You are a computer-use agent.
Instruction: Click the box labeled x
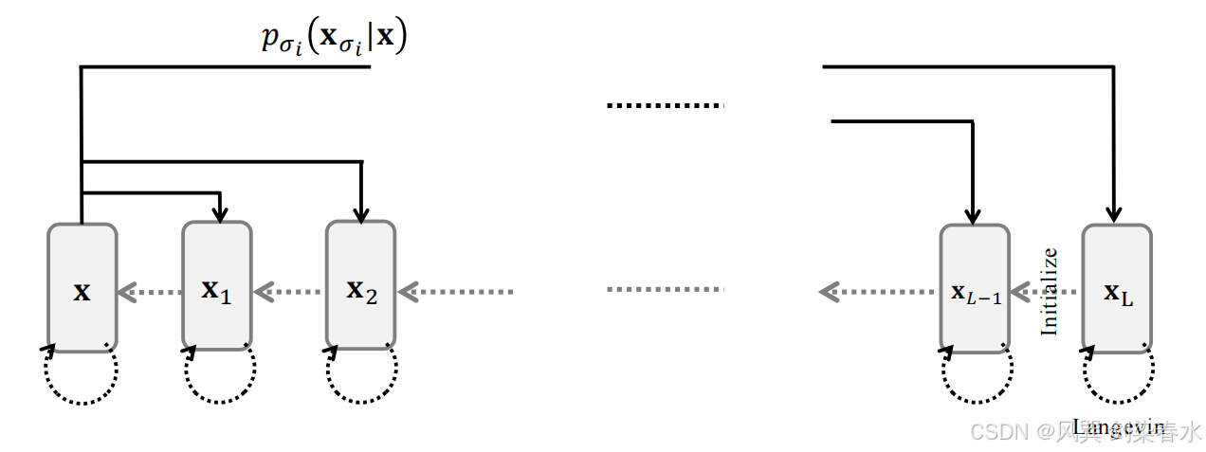(82, 288)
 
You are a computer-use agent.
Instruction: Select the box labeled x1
(217, 288)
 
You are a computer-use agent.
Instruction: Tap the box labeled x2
(361, 288)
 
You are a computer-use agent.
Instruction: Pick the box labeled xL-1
(975, 288)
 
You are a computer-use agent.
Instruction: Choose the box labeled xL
(1117, 288)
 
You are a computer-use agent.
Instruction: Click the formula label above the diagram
(335, 41)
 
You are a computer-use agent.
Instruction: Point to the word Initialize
(1049, 291)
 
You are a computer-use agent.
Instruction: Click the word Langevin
(1119, 425)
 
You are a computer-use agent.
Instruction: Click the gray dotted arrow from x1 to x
(150, 291)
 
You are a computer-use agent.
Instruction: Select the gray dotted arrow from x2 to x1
(289, 291)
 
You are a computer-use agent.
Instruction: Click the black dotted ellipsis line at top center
(666, 105)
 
